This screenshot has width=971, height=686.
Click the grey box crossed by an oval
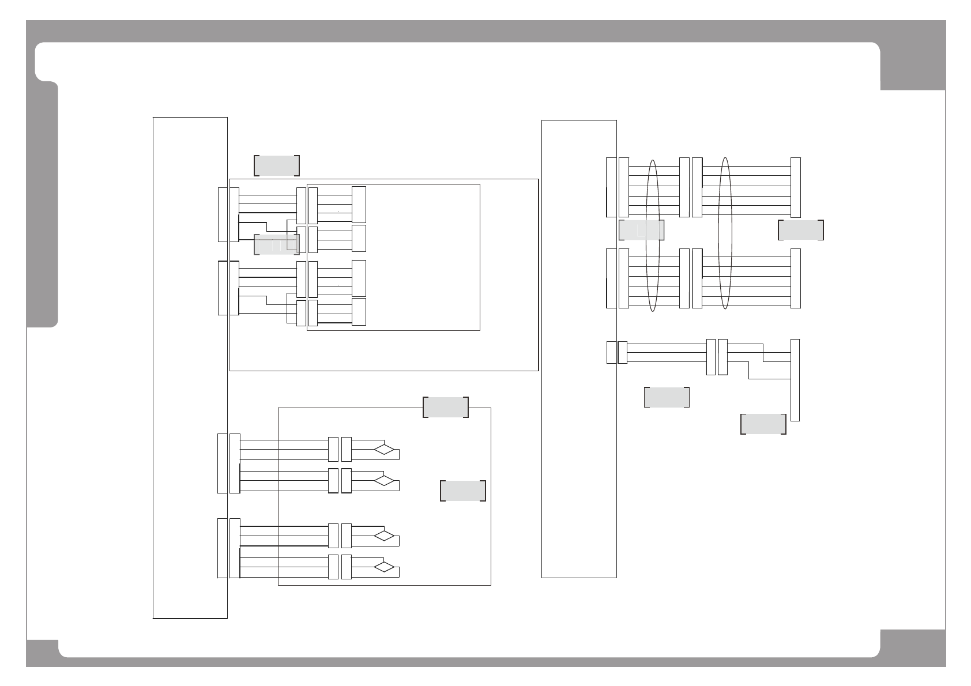pyautogui.click(x=641, y=229)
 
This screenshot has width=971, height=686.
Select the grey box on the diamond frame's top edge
pyautogui.click(x=445, y=407)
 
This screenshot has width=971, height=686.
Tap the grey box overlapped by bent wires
pyautogui.click(x=276, y=244)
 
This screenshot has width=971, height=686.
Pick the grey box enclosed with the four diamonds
pyautogui.click(x=462, y=490)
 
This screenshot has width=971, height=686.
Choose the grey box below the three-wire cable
pyautogui.click(x=666, y=397)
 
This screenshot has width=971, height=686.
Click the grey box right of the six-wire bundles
pyautogui.click(x=800, y=229)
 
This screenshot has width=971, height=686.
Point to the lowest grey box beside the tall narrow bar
pyautogui.click(x=763, y=424)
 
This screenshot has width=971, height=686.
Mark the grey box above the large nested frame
pyautogui.click(x=276, y=165)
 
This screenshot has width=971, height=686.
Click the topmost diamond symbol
pyautogui.click(x=384, y=449)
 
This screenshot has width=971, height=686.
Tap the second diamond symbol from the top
pyautogui.click(x=384, y=480)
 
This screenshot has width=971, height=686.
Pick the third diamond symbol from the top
pyautogui.click(x=384, y=536)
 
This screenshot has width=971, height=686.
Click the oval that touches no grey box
pyautogui.click(x=726, y=233)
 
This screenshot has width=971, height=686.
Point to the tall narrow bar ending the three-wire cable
pyautogui.click(x=795, y=380)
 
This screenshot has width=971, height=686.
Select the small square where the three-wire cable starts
pyautogui.click(x=611, y=353)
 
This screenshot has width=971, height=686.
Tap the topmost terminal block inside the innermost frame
pyautogui.click(x=359, y=205)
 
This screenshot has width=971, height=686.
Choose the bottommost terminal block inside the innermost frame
pyautogui.click(x=359, y=312)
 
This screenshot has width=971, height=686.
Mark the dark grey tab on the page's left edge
pyautogui.click(x=43, y=205)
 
